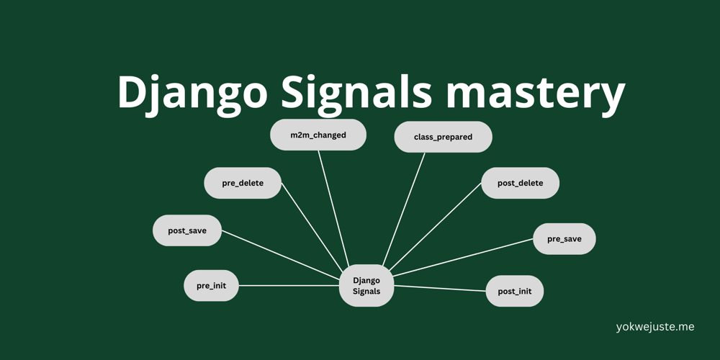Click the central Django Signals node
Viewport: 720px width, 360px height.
366,286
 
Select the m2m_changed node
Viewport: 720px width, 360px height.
318,135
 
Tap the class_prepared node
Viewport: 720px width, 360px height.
443,137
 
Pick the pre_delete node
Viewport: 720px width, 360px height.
243,183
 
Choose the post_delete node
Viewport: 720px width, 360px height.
520,183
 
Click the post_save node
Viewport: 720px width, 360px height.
187,230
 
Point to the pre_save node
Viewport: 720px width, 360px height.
564,238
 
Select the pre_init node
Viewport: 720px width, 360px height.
211,286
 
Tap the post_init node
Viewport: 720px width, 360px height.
514,291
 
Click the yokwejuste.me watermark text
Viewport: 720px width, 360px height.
655,327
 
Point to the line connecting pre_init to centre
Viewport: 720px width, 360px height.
288,286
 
